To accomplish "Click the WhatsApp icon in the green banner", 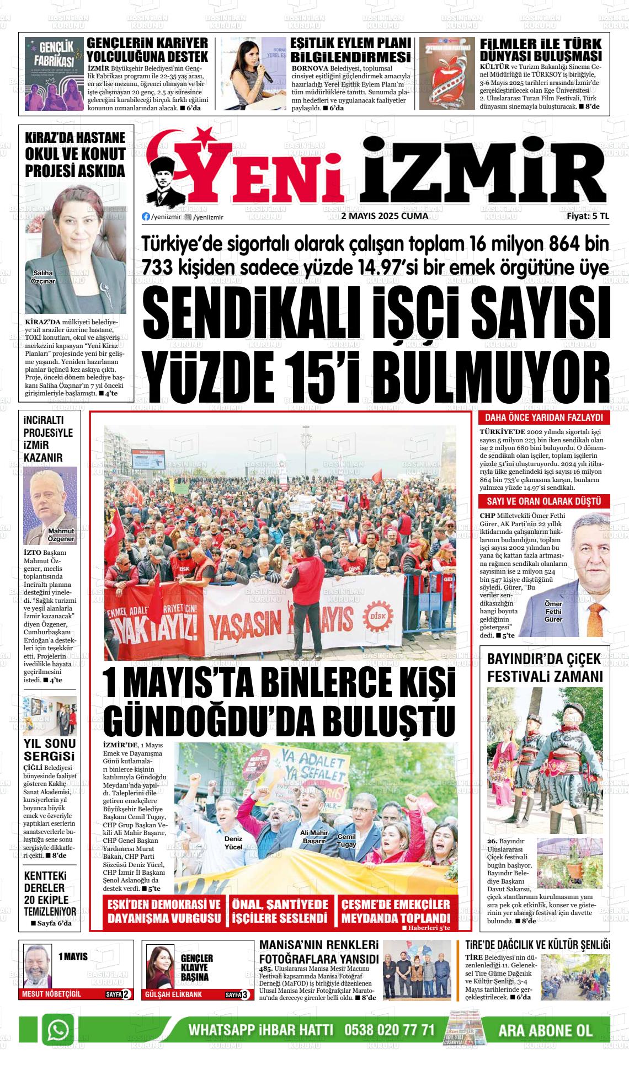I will click(58, 1030).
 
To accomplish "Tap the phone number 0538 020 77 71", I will click(390, 1030).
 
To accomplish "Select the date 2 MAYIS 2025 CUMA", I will click(385, 216).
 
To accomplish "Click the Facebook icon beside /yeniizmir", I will click(146, 217).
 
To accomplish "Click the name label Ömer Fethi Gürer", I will click(553, 611).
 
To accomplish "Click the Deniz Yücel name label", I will click(233, 842).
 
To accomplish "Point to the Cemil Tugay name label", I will click(347, 840).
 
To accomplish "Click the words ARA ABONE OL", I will click(545, 1030).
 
